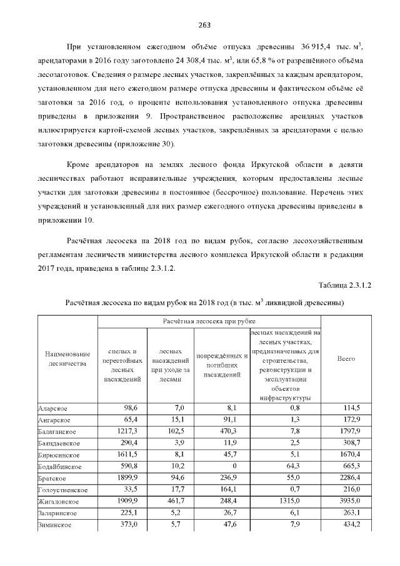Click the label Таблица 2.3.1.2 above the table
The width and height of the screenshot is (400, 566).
pyautogui.click(x=345, y=285)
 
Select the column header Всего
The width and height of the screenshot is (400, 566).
pyautogui.click(x=346, y=359)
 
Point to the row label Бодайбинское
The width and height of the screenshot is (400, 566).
pyautogui.click(x=59, y=467)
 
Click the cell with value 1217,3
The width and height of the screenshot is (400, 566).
pyautogui.click(x=126, y=432)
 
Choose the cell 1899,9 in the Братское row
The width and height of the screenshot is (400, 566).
pyautogui.click(x=126, y=478)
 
